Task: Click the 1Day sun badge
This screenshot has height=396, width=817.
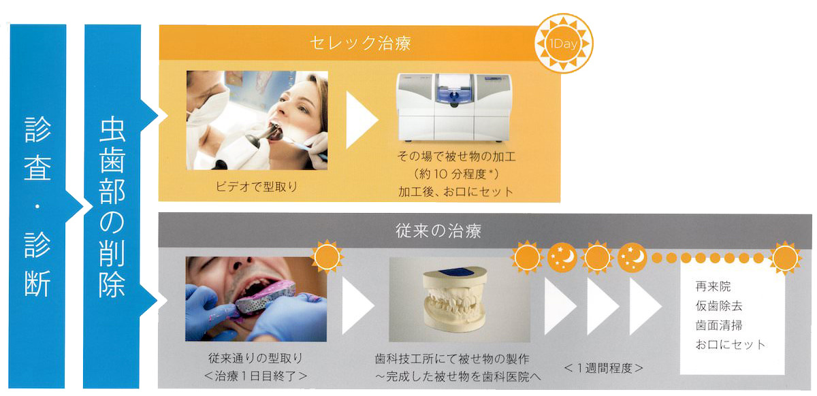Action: point(564,44)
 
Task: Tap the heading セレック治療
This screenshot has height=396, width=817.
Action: point(360,44)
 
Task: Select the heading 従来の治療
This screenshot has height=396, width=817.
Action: point(438,231)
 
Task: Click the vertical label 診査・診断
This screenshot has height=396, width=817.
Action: point(37,206)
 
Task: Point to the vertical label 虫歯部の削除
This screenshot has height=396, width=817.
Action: point(112,206)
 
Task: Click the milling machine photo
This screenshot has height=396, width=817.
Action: point(454,108)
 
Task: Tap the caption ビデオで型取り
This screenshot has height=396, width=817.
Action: point(257,186)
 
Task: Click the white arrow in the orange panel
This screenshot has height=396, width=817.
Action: point(362,120)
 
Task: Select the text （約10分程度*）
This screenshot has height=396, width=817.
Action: point(456,174)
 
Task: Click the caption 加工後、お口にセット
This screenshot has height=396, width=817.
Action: point(456,192)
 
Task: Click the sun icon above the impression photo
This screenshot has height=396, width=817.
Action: point(327,257)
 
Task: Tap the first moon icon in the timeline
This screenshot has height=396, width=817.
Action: point(562,257)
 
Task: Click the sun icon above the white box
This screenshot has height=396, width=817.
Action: point(785,258)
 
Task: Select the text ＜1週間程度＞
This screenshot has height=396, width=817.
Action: point(603,368)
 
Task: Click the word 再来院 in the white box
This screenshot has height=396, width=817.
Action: point(713,286)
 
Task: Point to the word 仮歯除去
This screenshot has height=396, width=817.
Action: point(719,306)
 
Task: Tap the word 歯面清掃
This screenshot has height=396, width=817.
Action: point(719,325)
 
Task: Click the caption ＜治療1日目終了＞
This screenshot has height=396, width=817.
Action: point(256,376)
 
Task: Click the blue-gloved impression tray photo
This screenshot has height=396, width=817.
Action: point(256,299)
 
